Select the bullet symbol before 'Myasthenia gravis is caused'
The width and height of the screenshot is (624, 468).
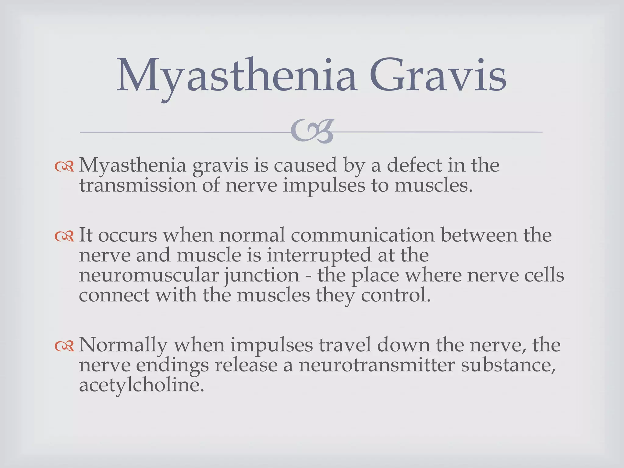pyautogui.click(x=64, y=166)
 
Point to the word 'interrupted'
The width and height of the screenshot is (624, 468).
pyautogui.click(x=319, y=255)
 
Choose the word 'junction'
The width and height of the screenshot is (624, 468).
pyautogui.click(x=262, y=276)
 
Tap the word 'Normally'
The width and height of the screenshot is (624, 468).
pyautogui.click(x=123, y=346)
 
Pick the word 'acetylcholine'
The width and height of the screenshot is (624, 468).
pyautogui.click(x=141, y=385)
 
